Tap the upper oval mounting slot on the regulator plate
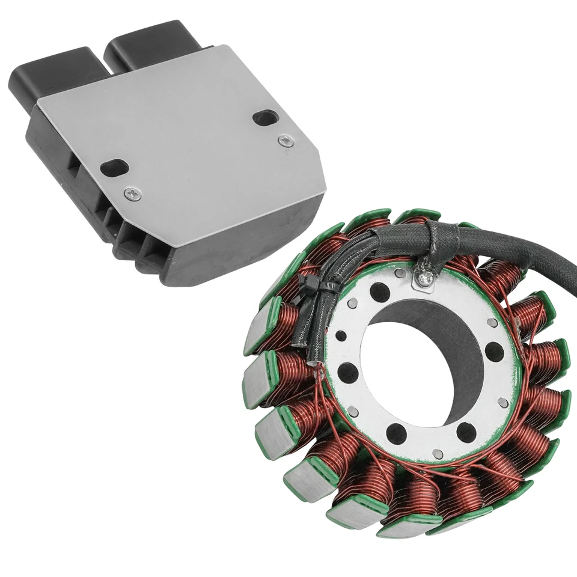pyautogui.click(x=264, y=118)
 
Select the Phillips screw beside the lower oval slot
pyautogui.click(x=133, y=194)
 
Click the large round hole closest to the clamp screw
pyautogui.click(x=379, y=293)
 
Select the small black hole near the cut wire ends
pyautogui.click(x=341, y=335)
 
